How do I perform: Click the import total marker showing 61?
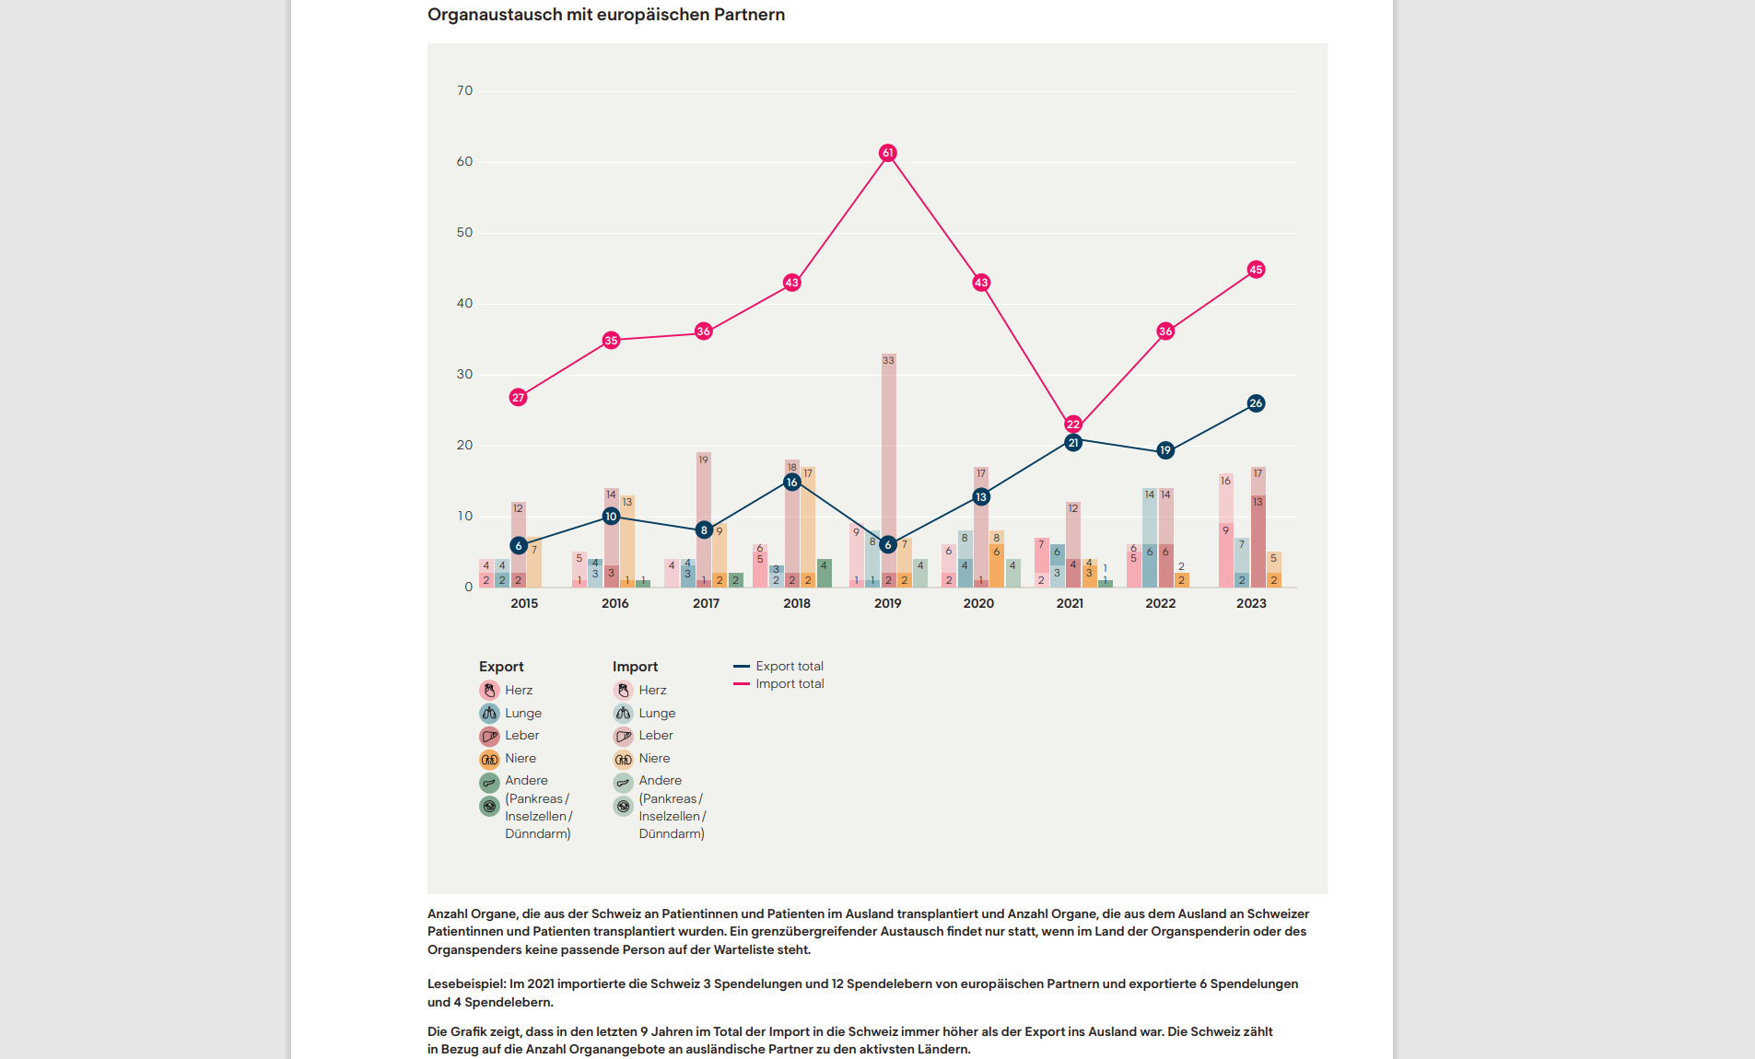(x=887, y=153)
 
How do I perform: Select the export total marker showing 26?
(x=1256, y=403)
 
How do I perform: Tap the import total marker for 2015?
(x=518, y=398)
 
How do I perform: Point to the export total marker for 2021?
(x=1073, y=443)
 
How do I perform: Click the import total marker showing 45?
(x=1256, y=270)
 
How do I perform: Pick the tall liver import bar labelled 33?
(x=888, y=460)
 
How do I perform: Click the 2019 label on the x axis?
(x=887, y=604)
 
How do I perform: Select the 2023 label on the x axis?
(x=1251, y=604)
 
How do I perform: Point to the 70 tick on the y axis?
(x=464, y=91)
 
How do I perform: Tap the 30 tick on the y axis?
(x=464, y=375)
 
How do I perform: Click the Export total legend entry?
(x=789, y=667)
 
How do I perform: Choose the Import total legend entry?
(x=789, y=684)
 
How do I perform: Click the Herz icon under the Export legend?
(x=489, y=691)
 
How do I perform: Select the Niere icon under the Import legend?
(x=624, y=760)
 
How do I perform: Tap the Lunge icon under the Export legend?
(x=489, y=714)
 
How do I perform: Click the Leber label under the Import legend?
(x=656, y=736)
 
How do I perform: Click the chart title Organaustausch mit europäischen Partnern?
(x=606, y=15)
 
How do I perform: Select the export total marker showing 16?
(x=791, y=483)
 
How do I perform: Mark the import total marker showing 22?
(x=1073, y=425)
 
